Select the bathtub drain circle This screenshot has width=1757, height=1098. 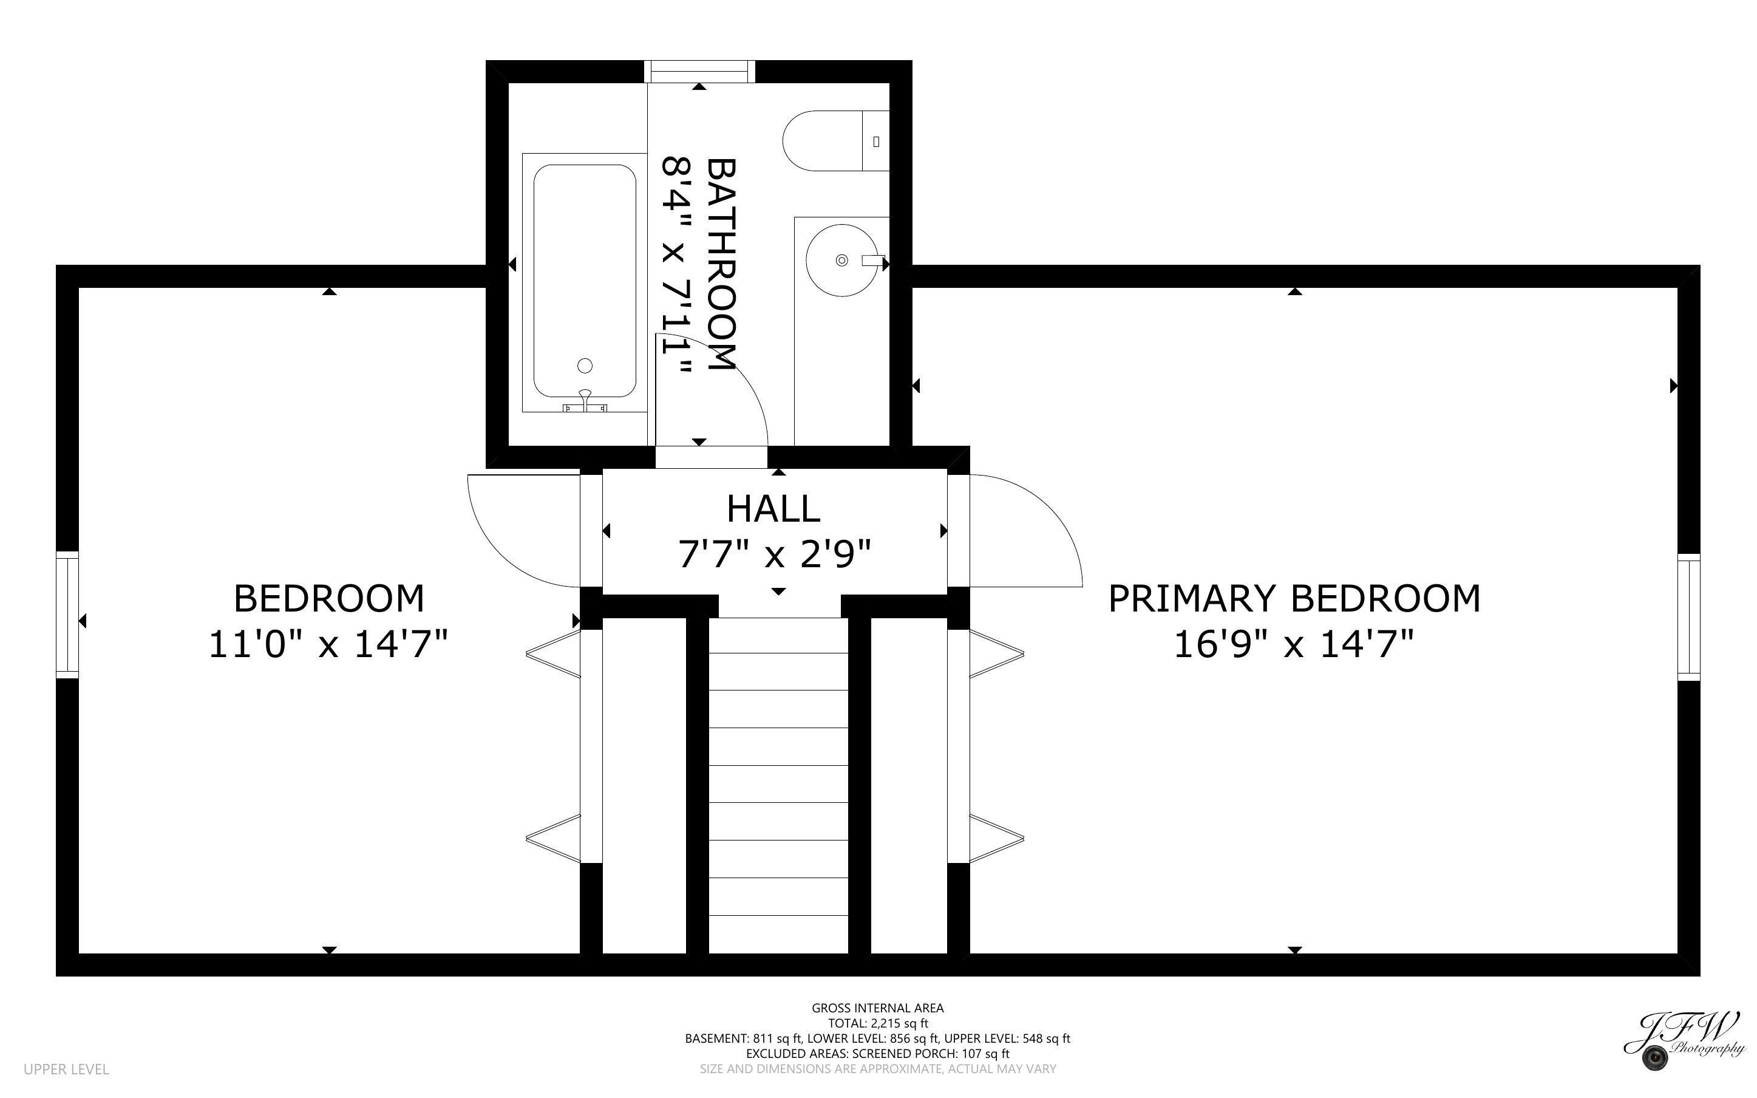click(x=585, y=365)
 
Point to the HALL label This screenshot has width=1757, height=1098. click(x=773, y=509)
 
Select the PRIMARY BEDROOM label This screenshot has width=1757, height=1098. click(x=1293, y=599)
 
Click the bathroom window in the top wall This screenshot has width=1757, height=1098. click(x=699, y=71)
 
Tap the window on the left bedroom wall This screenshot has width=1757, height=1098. click(x=67, y=615)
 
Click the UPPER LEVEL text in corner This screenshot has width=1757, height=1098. click(x=66, y=1069)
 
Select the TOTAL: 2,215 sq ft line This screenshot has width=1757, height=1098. click(x=877, y=1023)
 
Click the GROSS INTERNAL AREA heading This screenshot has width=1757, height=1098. click(x=877, y=1008)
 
